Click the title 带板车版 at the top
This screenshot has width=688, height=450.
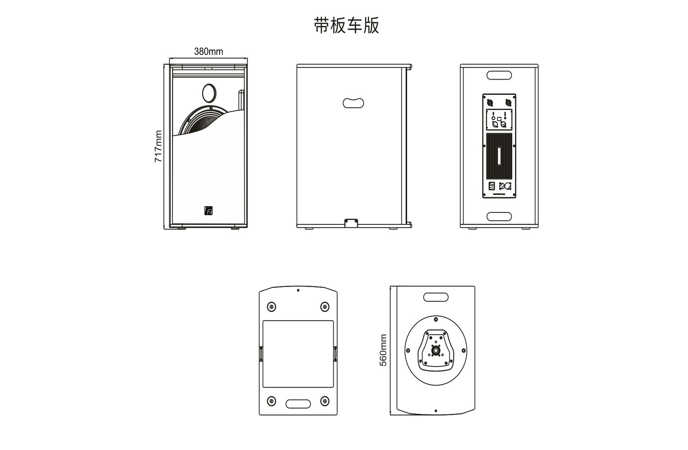point(346,26)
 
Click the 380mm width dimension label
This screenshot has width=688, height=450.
point(208,51)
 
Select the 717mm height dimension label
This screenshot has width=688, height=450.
point(158,146)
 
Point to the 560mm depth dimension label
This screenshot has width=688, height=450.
point(383,350)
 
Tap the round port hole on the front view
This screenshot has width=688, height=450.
point(209,93)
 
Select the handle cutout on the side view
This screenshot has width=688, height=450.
point(353,103)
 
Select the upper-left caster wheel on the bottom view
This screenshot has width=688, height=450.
point(271,306)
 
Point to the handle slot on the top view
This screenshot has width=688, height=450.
point(436,297)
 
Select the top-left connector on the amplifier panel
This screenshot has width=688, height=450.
point(490,102)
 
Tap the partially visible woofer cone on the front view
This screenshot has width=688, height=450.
point(199,123)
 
